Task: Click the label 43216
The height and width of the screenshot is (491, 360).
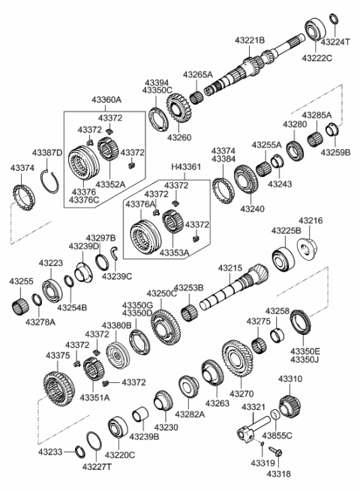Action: [x=310, y=221]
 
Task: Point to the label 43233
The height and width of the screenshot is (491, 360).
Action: [x=51, y=454]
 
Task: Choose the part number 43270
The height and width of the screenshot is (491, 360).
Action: [x=241, y=393]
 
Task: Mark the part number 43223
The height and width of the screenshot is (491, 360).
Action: [x=51, y=263]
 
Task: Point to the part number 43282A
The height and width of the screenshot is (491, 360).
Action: [x=190, y=413]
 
